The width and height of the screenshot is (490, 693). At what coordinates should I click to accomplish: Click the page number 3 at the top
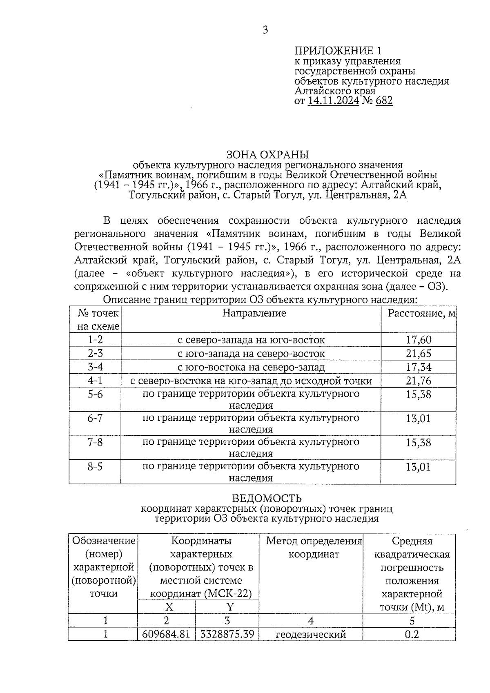pyautogui.click(x=265, y=30)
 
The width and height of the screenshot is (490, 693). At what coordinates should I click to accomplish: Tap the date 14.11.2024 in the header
pyautogui.click(x=333, y=100)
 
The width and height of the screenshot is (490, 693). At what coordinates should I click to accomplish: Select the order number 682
pyautogui.click(x=384, y=100)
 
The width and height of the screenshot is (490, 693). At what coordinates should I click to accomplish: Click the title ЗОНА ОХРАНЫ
pyautogui.click(x=267, y=154)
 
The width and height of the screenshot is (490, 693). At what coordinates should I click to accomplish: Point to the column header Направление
pyautogui.click(x=254, y=313)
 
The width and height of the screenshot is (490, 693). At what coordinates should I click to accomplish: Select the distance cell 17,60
pyautogui.click(x=418, y=340)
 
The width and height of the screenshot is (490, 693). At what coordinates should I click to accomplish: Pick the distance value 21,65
pyautogui.click(x=418, y=353)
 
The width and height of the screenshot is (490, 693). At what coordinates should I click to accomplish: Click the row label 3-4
pyautogui.click(x=95, y=367)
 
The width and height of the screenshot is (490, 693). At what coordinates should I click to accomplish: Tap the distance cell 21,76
pyautogui.click(x=418, y=381)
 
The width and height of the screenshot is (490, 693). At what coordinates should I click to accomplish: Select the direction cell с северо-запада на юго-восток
pyautogui.click(x=251, y=340)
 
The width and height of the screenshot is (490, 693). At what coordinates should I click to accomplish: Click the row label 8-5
pyautogui.click(x=95, y=466)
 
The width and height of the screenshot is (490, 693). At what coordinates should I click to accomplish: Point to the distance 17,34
pyautogui.click(x=418, y=367)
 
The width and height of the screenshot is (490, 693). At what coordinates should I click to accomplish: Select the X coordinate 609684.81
pyautogui.click(x=166, y=634)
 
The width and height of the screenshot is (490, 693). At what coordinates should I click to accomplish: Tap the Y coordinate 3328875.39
pyautogui.click(x=227, y=634)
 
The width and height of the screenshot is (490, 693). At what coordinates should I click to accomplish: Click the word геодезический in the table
pyautogui.click(x=311, y=634)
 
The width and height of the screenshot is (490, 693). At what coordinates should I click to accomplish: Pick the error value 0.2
pyautogui.click(x=412, y=634)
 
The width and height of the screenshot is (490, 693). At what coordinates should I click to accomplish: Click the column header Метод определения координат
pyautogui.click(x=314, y=548)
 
